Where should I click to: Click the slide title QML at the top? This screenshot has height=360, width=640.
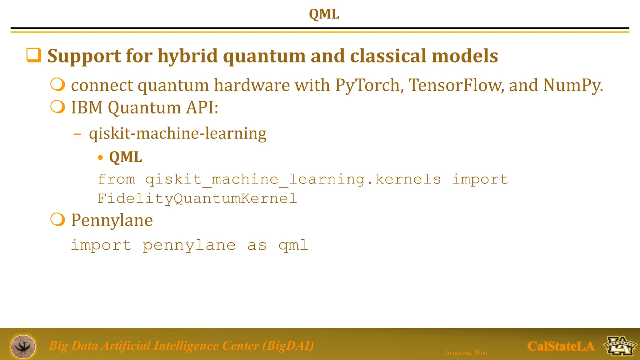click(x=324, y=14)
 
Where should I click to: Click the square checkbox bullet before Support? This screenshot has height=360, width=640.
click(x=33, y=55)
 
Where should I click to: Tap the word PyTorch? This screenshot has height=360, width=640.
click(x=367, y=85)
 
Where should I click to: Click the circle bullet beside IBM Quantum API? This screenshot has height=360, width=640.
click(x=58, y=107)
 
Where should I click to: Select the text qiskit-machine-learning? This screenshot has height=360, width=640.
click(x=177, y=133)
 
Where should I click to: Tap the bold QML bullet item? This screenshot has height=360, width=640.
click(x=125, y=157)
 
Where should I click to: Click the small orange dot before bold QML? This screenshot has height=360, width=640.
click(x=100, y=157)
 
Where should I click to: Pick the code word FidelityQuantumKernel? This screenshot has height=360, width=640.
click(x=197, y=198)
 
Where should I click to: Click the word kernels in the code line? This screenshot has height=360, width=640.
click(x=408, y=179)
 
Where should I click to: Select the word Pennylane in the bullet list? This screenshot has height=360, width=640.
click(x=112, y=220)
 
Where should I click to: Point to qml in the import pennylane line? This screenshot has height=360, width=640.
click(x=293, y=245)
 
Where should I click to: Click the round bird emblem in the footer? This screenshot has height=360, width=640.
click(x=23, y=346)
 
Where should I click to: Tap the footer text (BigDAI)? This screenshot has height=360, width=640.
click(x=288, y=346)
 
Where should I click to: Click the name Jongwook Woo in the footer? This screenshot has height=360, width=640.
click(x=466, y=353)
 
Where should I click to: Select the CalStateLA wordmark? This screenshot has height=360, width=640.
click(x=561, y=346)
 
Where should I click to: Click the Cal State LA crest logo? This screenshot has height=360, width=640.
click(x=620, y=346)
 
